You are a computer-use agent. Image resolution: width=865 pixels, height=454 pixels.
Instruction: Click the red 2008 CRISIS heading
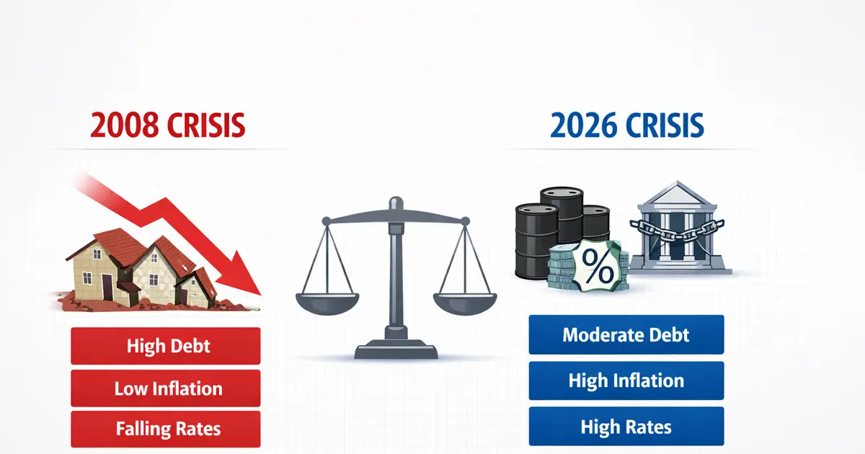167,125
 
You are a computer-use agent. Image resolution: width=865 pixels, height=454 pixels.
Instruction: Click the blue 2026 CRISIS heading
626,125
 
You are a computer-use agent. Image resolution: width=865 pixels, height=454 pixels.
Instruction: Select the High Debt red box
166,346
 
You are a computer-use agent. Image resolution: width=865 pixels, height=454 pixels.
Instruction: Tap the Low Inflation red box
166,388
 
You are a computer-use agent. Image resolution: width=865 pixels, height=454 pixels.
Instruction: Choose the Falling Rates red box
166,429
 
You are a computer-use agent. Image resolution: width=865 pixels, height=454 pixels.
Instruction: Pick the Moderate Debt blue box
626,335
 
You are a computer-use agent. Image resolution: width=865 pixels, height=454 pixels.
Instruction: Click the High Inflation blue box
626,380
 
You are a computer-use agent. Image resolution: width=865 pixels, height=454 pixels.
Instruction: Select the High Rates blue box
626,427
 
